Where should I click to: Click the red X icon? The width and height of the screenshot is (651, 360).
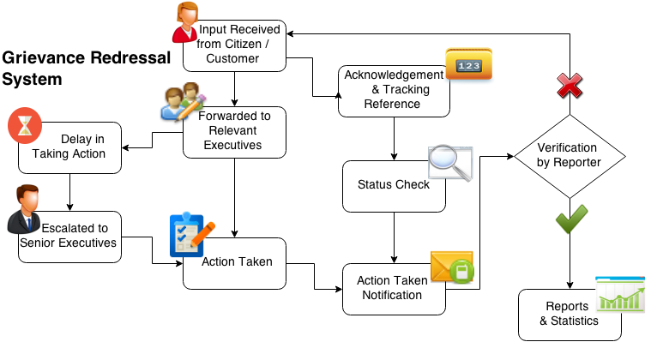(570, 84)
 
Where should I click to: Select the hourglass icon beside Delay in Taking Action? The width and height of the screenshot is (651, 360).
(25, 125)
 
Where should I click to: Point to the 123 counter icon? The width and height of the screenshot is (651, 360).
(468, 64)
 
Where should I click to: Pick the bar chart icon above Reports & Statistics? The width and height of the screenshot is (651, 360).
(619, 293)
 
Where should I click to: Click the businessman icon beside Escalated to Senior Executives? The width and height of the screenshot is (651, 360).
(25, 208)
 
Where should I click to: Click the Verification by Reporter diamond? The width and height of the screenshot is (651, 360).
(570, 154)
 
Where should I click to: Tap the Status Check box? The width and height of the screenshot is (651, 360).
(394, 185)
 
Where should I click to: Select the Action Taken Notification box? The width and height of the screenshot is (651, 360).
(394, 288)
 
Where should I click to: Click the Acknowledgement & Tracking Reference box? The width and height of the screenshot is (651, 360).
(394, 90)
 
